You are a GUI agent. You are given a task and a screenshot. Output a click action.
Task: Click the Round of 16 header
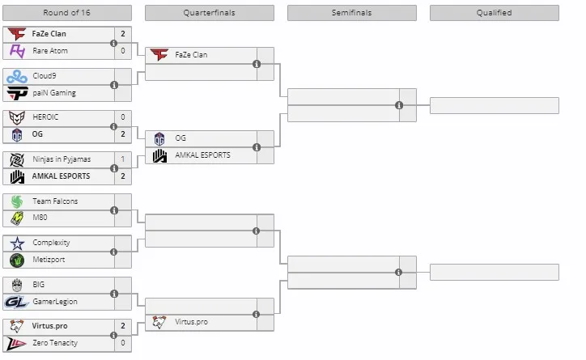click(67, 13)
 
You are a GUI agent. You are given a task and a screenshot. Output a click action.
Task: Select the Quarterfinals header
click(210, 13)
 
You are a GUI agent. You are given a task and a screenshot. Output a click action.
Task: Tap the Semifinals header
click(351, 13)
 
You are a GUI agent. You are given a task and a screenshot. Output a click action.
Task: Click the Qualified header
click(494, 13)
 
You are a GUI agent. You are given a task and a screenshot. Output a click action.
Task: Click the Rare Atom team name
click(50, 51)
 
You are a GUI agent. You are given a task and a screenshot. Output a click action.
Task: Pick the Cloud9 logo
click(17, 77)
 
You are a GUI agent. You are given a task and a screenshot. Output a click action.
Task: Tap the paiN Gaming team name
click(54, 93)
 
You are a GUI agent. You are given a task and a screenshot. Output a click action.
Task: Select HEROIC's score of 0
click(122, 117)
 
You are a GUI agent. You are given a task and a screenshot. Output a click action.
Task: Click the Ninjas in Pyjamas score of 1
click(122, 159)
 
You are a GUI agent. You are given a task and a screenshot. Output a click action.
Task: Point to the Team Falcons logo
click(17, 201)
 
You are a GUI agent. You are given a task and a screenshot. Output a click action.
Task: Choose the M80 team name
click(40, 218)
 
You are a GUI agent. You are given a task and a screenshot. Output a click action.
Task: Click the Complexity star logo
click(17, 244)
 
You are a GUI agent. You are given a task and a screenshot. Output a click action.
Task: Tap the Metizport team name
click(49, 260)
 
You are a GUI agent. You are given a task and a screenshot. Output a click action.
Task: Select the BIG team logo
click(17, 286)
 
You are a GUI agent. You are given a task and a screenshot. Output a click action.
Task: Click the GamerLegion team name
click(55, 302)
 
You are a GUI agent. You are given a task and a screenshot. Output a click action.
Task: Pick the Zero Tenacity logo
click(16, 344)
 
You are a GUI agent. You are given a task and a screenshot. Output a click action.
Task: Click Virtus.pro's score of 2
click(122, 326)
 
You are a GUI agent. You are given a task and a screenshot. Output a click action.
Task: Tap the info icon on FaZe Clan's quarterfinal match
click(257, 64)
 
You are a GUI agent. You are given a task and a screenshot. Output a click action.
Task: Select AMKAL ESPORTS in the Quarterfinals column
click(202, 155)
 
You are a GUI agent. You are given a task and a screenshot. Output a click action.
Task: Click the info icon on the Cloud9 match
click(114, 85)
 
